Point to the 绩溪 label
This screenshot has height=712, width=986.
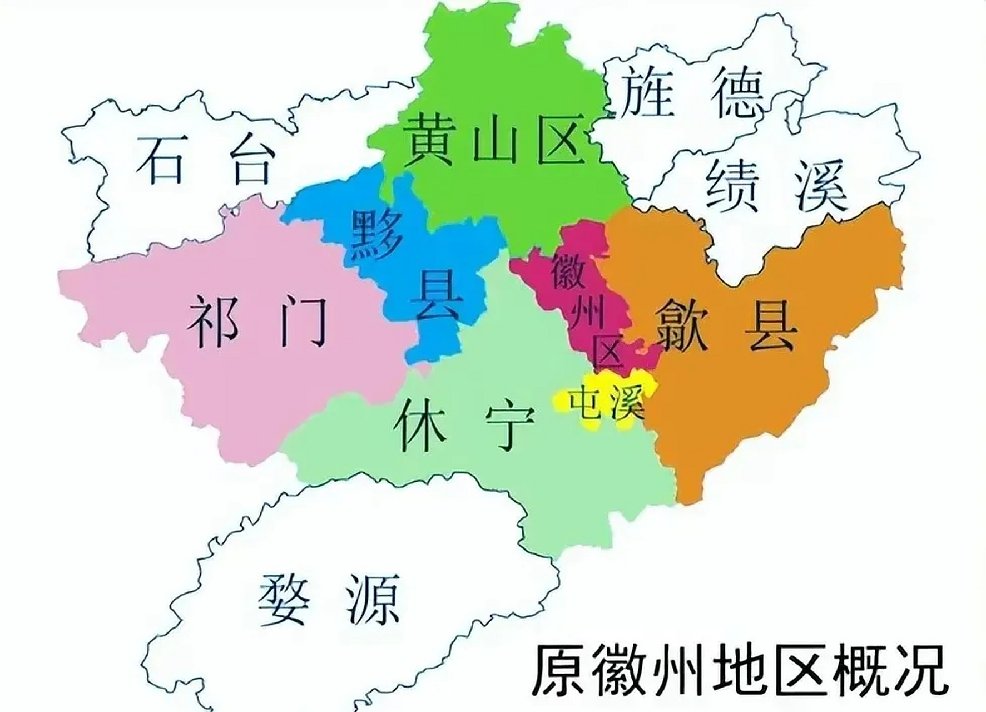pos(776,185)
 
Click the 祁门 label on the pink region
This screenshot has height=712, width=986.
pos(257,321)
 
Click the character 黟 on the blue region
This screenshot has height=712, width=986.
pos(376,234)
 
